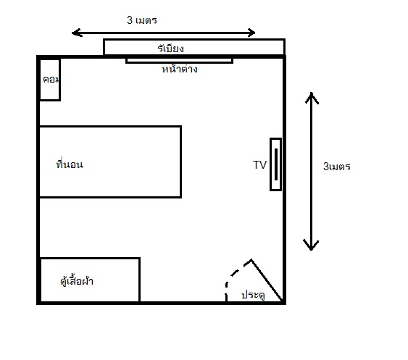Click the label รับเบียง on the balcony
[171, 49]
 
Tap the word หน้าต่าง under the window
[180, 69]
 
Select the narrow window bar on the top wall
[179, 61]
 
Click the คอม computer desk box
[50, 80]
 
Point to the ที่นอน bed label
[70, 164]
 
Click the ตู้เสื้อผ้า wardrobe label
[77, 280]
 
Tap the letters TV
[259, 165]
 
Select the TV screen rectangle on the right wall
[276, 164]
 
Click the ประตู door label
[253, 295]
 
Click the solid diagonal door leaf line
[267, 280]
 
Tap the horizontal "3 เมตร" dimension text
[142, 20]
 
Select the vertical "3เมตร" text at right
[337, 167]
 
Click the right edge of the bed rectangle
[181, 162]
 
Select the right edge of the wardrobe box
[140, 280]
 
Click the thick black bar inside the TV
[276, 164]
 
